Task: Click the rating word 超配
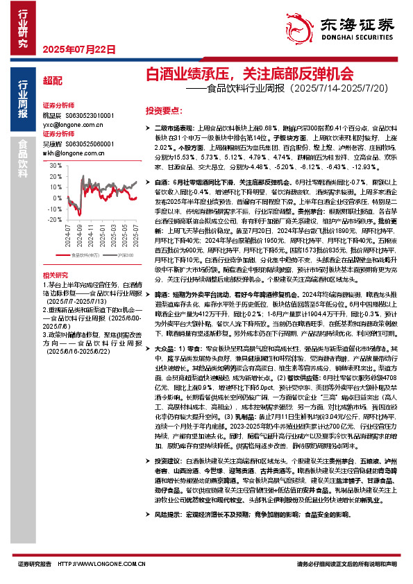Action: [x=52, y=80]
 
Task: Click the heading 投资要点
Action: [x=165, y=110]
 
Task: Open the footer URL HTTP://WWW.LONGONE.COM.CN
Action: [x=103, y=565]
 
